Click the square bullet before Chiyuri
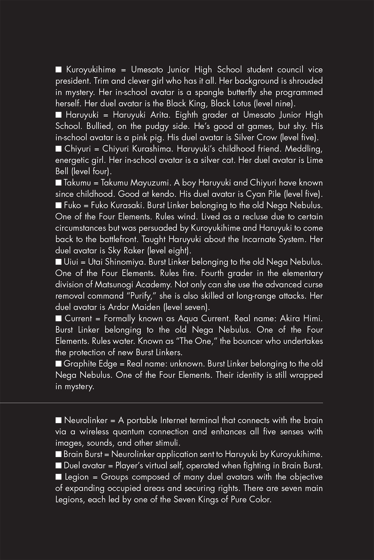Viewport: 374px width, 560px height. click(x=59, y=149)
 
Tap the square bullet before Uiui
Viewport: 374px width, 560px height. click(x=59, y=262)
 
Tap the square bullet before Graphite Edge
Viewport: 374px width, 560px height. click(x=59, y=364)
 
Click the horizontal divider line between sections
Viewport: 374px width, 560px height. click(x=187, y=403)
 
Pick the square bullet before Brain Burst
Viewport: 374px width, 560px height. click(x=59, y=454)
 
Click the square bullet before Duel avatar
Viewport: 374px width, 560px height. click(x=59, y=466)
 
